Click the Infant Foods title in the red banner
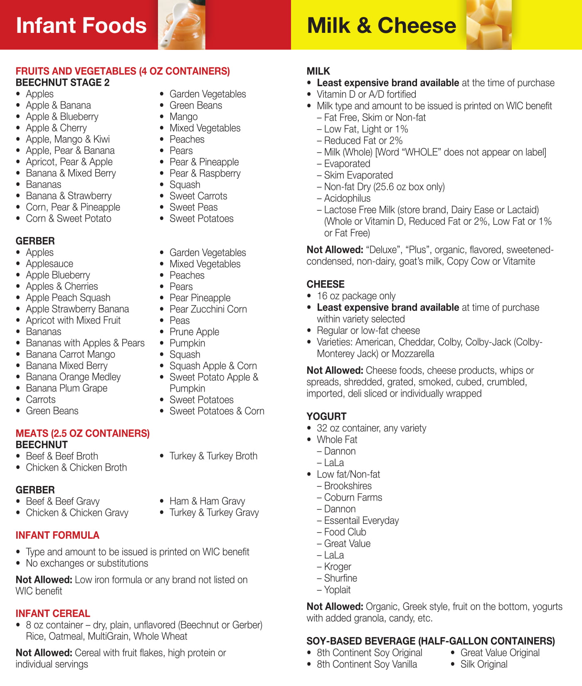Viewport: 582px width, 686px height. point(81,25)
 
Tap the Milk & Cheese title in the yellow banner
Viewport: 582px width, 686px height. point(381,25)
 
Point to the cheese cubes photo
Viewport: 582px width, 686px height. point(489,25)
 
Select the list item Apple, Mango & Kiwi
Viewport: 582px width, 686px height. point(68,139)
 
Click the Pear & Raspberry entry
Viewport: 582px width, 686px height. point(205,173)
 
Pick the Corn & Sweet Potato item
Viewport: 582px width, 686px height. point(69,219)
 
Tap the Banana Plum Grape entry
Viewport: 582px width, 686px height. point(67,388)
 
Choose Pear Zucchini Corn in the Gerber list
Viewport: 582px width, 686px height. point(208,309)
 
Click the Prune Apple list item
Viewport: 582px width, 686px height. point(194,332)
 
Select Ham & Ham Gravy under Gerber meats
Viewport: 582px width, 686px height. point(207,501)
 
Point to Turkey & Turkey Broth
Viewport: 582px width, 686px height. point(213,456)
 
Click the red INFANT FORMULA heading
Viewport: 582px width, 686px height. point(57,535)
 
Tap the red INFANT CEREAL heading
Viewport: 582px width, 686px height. point(53,614)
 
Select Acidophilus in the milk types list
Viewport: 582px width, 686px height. point(347,199)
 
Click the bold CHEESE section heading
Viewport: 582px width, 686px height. point(326,284)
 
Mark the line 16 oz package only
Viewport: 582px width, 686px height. point(356,296)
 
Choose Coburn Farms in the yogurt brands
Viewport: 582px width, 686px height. point(353,498)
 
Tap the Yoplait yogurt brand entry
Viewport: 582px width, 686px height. point(337,590)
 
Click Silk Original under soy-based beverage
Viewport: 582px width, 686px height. point(484,664)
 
